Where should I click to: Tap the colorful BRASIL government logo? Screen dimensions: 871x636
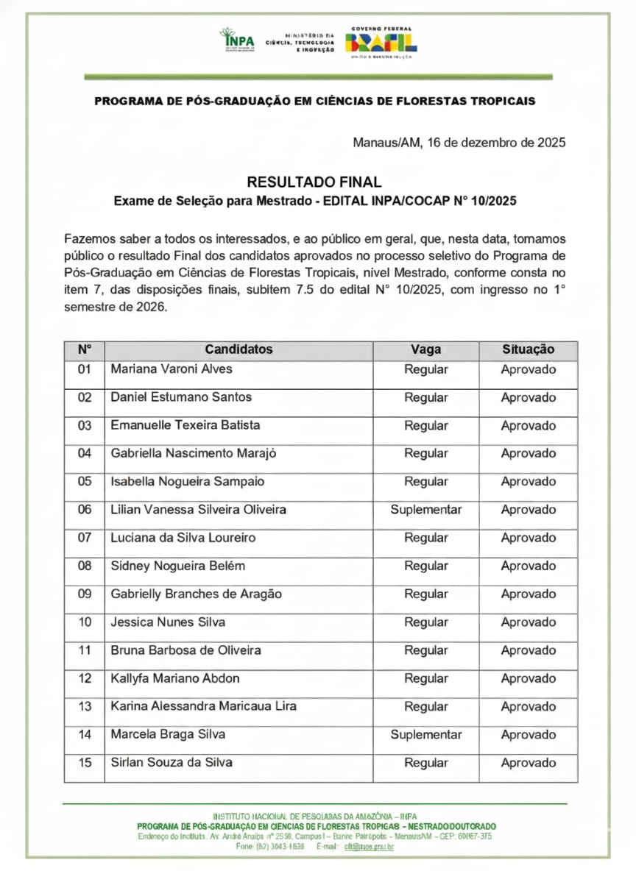point(381,42)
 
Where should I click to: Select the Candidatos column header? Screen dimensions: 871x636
point(239,349)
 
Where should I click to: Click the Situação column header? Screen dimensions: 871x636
point(528,349)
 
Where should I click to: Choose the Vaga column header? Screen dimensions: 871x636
point(425,349)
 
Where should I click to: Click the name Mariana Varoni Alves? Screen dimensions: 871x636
point(172,369)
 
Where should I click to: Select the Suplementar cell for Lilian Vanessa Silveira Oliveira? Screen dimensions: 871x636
point(425,510)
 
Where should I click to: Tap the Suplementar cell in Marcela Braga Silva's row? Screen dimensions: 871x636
point(425,734)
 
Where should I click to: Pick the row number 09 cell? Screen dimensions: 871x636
point(85,594)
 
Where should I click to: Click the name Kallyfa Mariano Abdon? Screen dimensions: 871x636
point(175,678)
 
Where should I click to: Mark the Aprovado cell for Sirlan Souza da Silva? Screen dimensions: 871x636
point(528,763)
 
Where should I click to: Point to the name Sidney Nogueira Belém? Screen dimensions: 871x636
point(177,566)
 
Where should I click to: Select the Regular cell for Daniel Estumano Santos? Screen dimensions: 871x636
point(425,397)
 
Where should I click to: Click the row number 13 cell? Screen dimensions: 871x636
point(85,706)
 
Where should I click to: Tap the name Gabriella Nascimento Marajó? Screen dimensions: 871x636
point(194,453)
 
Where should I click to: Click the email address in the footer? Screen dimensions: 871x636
point(369,847)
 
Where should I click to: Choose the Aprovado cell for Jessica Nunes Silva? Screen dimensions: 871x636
point(528,622)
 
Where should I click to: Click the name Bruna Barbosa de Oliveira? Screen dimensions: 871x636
point(185,650)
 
